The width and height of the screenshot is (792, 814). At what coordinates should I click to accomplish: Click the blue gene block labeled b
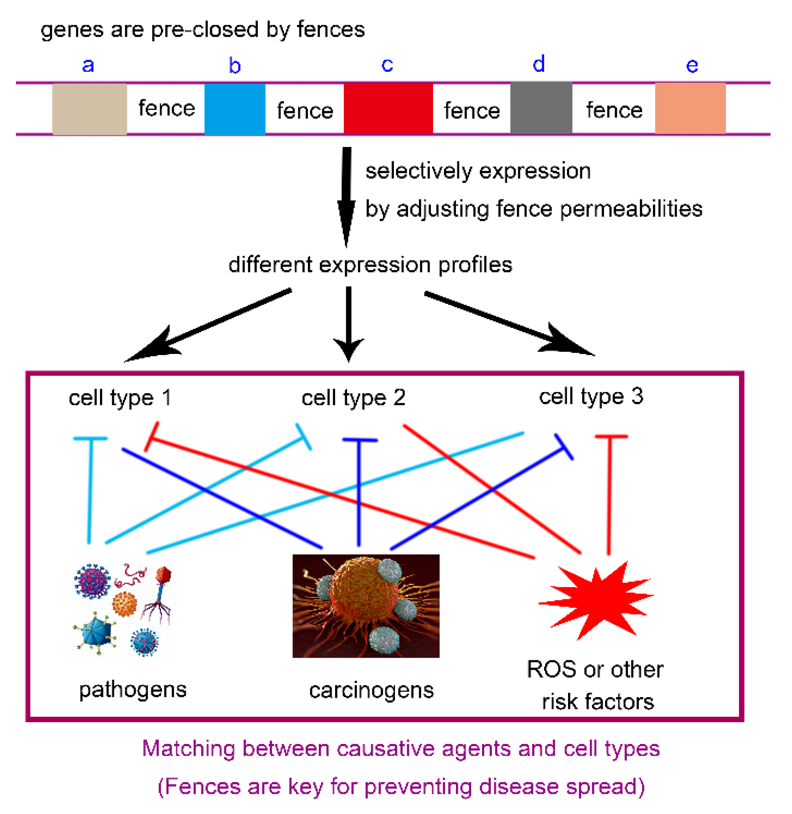pyautogui.click(x=235, y=109)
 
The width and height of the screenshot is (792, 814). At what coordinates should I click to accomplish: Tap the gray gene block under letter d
pyautogui.click(x=541, y=108)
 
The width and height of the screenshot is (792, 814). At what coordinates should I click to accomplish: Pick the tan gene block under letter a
pyautogui.click(x=89, y=109)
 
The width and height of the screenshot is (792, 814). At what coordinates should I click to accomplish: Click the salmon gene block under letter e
pyautogui.click(x=690, y=108)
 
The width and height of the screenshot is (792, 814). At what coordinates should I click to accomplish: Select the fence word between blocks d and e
pyautogui.click(x=614, y=110)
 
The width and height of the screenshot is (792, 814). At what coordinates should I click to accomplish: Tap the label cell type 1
pyautogui.click(x=120, y=397)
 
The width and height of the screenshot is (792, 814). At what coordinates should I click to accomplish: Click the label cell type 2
pyautogui.click(x=353, y=397)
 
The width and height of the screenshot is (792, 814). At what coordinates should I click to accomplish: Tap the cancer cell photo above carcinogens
pyautogui.click(x=366, y=605)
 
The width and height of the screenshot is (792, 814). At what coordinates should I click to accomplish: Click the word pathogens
pyautogui.click(x=133, y=690)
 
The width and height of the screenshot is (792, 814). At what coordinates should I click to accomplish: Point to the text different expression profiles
pyautogui.click(x=370, y=265)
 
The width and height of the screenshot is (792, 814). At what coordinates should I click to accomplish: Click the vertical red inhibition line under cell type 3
pyautogui.click(x=609, y=495)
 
